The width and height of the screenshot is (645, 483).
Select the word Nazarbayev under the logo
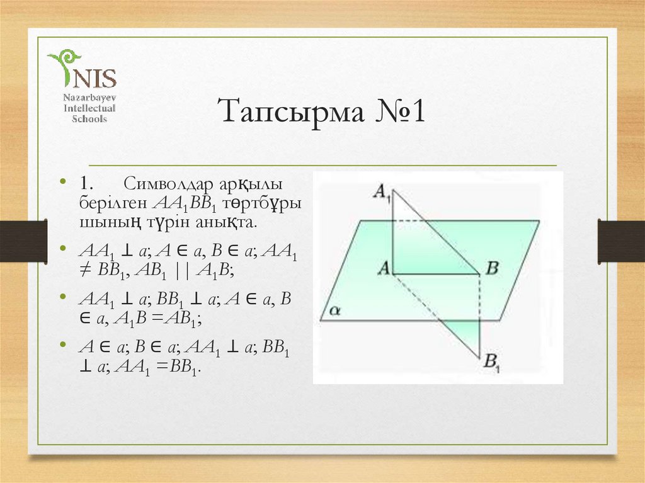(85, 98)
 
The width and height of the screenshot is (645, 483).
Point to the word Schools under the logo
(85, 118)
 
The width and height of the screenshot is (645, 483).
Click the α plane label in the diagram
(334, 310)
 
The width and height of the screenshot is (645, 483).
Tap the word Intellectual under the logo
(85, 108)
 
